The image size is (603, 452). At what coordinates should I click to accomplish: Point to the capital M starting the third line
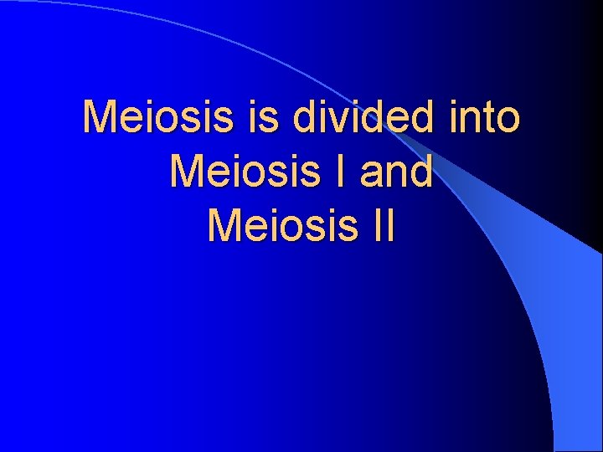point(223,224)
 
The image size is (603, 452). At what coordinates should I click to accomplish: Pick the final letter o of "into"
point(508,121)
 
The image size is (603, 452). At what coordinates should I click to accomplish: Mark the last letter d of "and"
point(421,171)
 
